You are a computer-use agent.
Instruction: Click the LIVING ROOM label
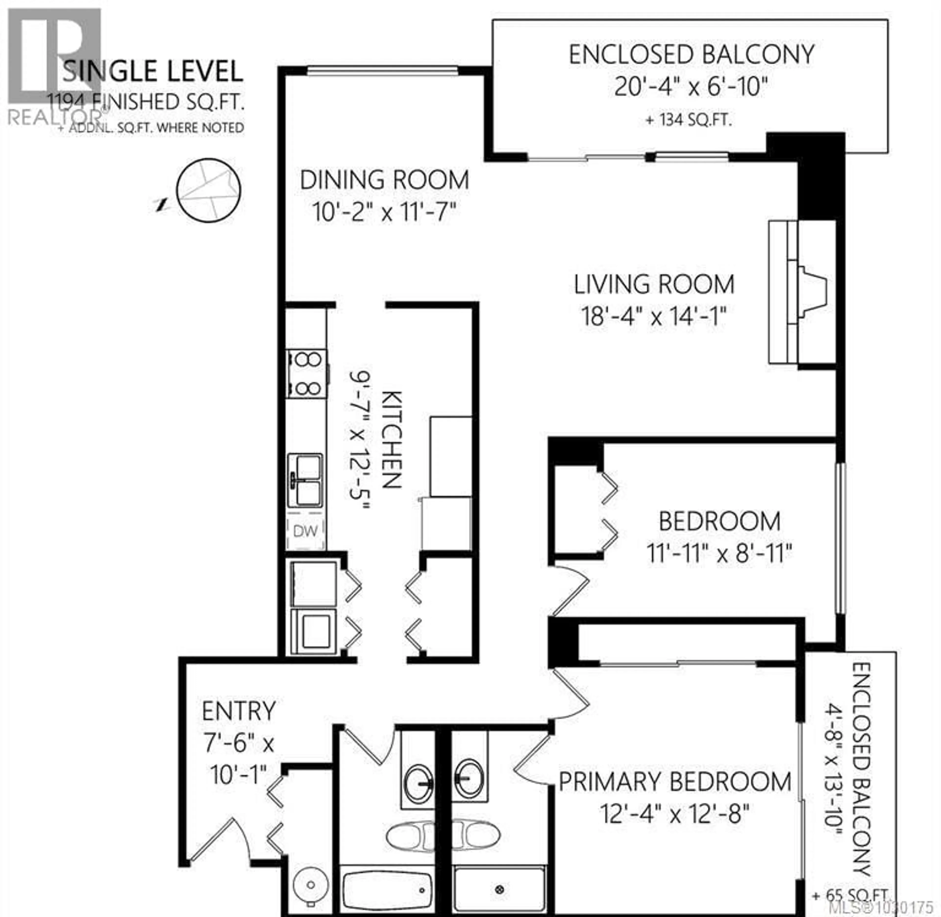654,284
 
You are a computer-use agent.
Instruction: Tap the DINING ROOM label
384,180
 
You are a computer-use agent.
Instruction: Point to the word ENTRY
239,711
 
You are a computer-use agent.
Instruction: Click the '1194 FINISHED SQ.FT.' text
145,103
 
